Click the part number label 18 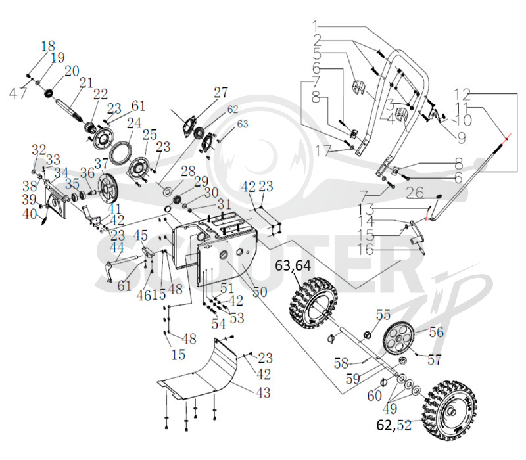tap(48, 46)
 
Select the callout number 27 tap(221, 92)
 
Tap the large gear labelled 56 tap(398, 339)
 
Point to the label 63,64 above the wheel tap(293, 265)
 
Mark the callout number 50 tap(260, 292)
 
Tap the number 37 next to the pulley tap(101, 164)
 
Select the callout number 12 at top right tap(463, 95)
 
